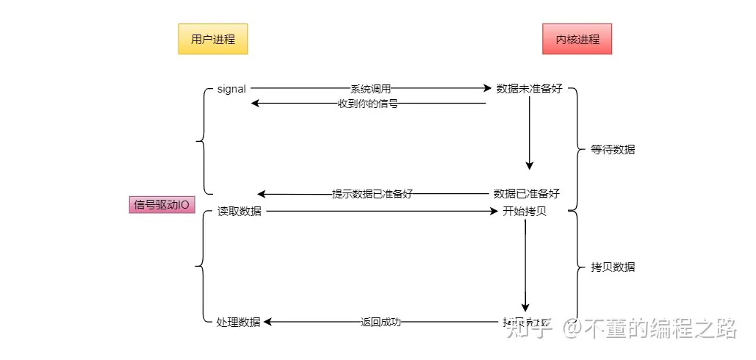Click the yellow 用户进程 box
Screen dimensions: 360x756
pos(213,39)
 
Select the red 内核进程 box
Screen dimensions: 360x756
pos(577,39)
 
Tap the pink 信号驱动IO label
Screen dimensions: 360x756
pos(162,205)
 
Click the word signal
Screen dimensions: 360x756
pos(231,89)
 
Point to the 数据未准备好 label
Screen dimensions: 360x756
pos(529,89)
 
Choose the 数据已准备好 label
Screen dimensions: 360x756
pos(526,194)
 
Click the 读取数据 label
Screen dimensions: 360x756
pos(239,212)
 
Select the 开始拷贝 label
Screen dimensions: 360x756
pos(525,212)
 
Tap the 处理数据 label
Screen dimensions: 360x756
pos(239,322)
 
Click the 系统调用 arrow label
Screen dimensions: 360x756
pos(370,89)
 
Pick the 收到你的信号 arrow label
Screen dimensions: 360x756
pos(368,104)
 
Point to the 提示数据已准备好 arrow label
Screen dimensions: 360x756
pos(372,194)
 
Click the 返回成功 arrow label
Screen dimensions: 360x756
pos(381,322)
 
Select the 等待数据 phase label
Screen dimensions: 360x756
pos(613,149)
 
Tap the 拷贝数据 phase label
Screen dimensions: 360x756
pos(613,267)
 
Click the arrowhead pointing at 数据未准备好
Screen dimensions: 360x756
pos(486,89)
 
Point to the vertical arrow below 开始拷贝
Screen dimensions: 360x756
pos(525,264)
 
